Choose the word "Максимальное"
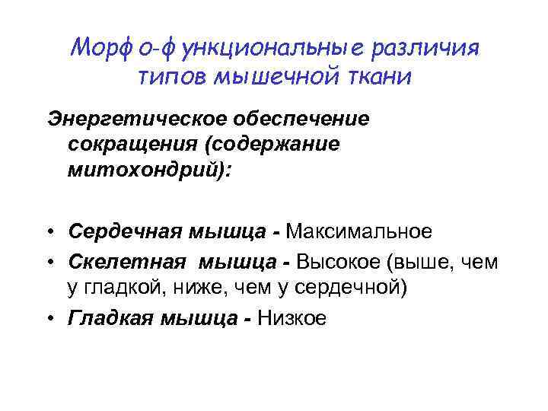(x=360, y=231)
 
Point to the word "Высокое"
(x=339, y=263)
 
